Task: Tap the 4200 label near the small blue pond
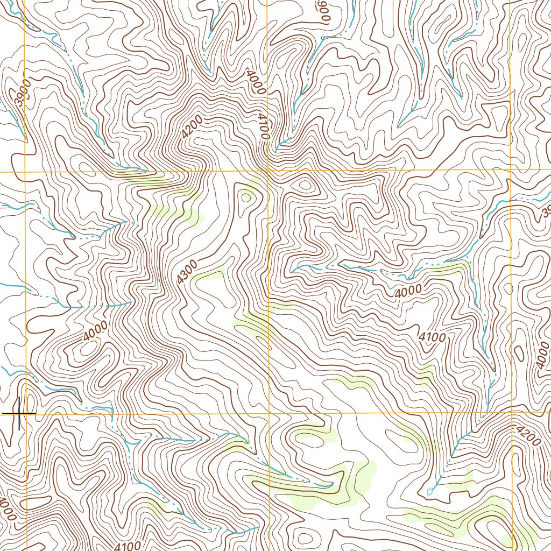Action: coord(527,436)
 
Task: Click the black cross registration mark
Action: coord(19,413)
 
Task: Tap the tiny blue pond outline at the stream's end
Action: coord(430,492)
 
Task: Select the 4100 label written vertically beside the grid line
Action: coord(263,126)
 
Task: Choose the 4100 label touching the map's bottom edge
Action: coord(128,545)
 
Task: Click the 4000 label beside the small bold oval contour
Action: coord(541,358)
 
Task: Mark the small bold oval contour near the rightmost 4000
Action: coord(519,354)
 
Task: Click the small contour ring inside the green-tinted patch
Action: coord(247,197)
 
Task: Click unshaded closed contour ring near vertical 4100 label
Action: coord(305,186)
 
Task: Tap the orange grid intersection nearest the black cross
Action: coord(25,413)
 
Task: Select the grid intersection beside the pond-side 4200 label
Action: coord(511,412)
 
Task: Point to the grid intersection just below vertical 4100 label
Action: coord(268,171)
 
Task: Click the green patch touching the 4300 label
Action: coord(209,273)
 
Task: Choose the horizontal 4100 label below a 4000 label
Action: coord(432,337)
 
